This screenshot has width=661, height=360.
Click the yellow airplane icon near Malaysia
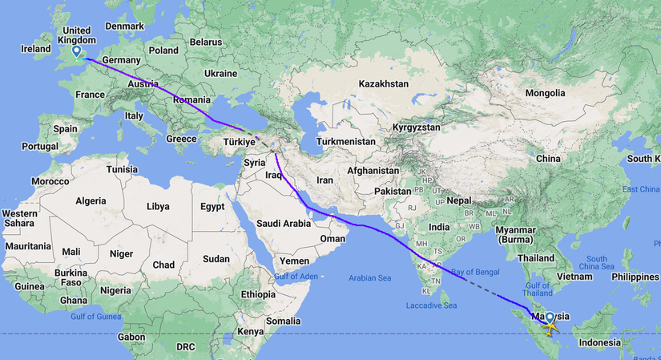coord(551,328)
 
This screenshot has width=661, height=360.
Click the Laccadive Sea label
coord(431,305)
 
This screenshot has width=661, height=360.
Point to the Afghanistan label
coord(373,171)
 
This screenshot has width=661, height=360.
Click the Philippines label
coord(634,277)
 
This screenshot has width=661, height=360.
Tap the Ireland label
coord(36,49)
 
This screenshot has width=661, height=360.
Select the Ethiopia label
coord(258,294)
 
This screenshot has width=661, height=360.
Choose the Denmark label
coord(124,26)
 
